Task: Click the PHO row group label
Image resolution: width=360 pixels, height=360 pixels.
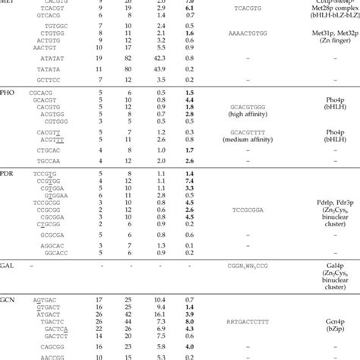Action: pos(9,91)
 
